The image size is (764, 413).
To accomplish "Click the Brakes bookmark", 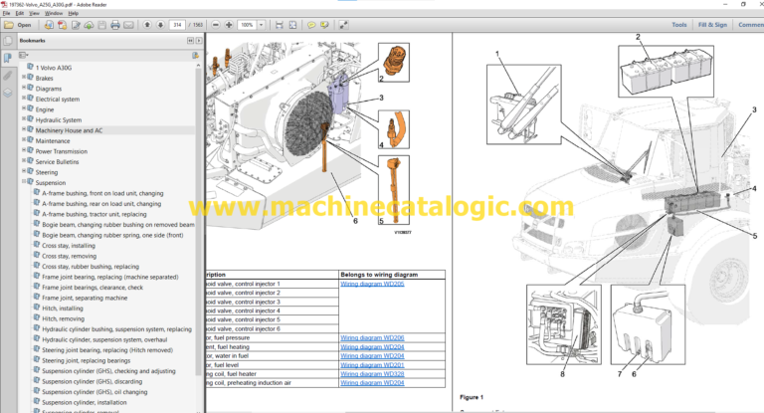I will tap(45, 77).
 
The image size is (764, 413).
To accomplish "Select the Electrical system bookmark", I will tap(58, 99).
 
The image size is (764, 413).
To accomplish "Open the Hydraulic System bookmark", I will tap(59, 119).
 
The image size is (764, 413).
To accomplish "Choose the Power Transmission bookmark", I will tap(63, 151).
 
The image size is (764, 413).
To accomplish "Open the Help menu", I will tap(73, 13).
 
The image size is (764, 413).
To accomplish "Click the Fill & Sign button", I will tap(712, 24).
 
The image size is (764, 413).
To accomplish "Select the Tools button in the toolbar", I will tap(678, 24).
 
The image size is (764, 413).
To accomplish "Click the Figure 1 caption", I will tap(472, 396).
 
